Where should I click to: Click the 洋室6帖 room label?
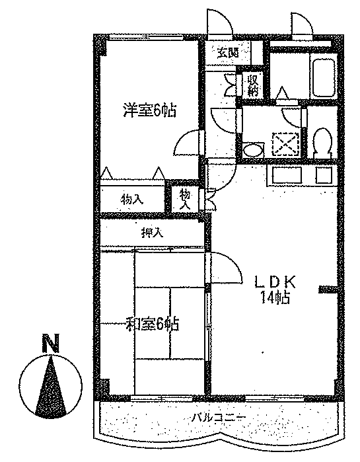point(149,110)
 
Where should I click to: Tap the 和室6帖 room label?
point(152,323)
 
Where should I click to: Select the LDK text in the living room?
point(275,282)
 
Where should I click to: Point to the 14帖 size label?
point(275,297)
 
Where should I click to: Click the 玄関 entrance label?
point(228,53)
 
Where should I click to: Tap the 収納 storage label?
point(253,86)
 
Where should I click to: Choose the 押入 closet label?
point(152,233)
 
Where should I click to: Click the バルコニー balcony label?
point(219,417)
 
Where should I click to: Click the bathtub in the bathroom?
point(324,77)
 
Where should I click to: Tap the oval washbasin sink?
point(254,149)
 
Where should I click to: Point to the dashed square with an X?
point(285,143)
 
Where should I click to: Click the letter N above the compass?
point(51,342)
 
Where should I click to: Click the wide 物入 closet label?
point(131,200)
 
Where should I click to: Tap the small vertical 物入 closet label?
point(185,200)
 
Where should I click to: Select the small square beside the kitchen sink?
point(324,175)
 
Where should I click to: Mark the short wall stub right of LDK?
point(328,289)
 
